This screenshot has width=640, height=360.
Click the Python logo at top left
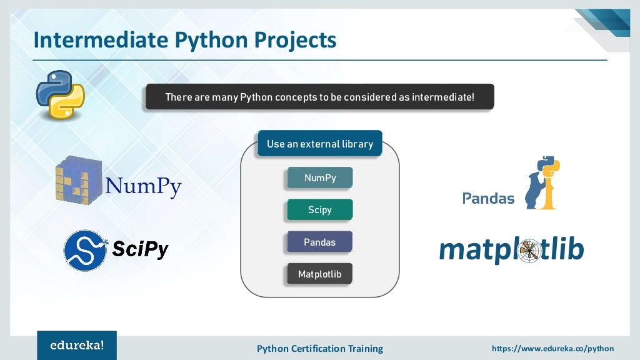59,95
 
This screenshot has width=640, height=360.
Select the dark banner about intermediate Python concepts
319,97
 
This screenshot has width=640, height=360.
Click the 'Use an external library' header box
319,144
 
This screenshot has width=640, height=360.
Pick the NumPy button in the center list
319,178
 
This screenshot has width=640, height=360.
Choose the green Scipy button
319,210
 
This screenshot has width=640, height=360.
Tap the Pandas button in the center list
319,242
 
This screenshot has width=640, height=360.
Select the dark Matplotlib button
319,274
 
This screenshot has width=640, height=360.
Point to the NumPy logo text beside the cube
143,186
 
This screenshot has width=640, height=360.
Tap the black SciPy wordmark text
141,250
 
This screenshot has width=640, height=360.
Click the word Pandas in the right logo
488,199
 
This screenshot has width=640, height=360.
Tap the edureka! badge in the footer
77,345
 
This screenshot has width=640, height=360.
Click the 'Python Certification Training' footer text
319,348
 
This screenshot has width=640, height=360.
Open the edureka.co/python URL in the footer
552,348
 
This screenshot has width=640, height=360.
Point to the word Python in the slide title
209,40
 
